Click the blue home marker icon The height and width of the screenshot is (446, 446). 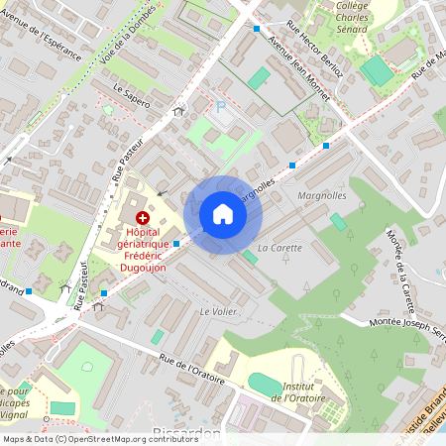[223, 214]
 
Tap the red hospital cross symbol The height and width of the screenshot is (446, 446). [143, 217]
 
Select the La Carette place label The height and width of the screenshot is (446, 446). [279, 247]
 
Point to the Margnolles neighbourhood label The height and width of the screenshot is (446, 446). [321, 195]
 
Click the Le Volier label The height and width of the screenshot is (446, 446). [217, 311]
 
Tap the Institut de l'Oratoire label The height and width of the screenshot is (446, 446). [305, 391]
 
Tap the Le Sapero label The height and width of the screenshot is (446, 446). [132, 96]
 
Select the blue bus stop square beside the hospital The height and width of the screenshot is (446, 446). [176, 243]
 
